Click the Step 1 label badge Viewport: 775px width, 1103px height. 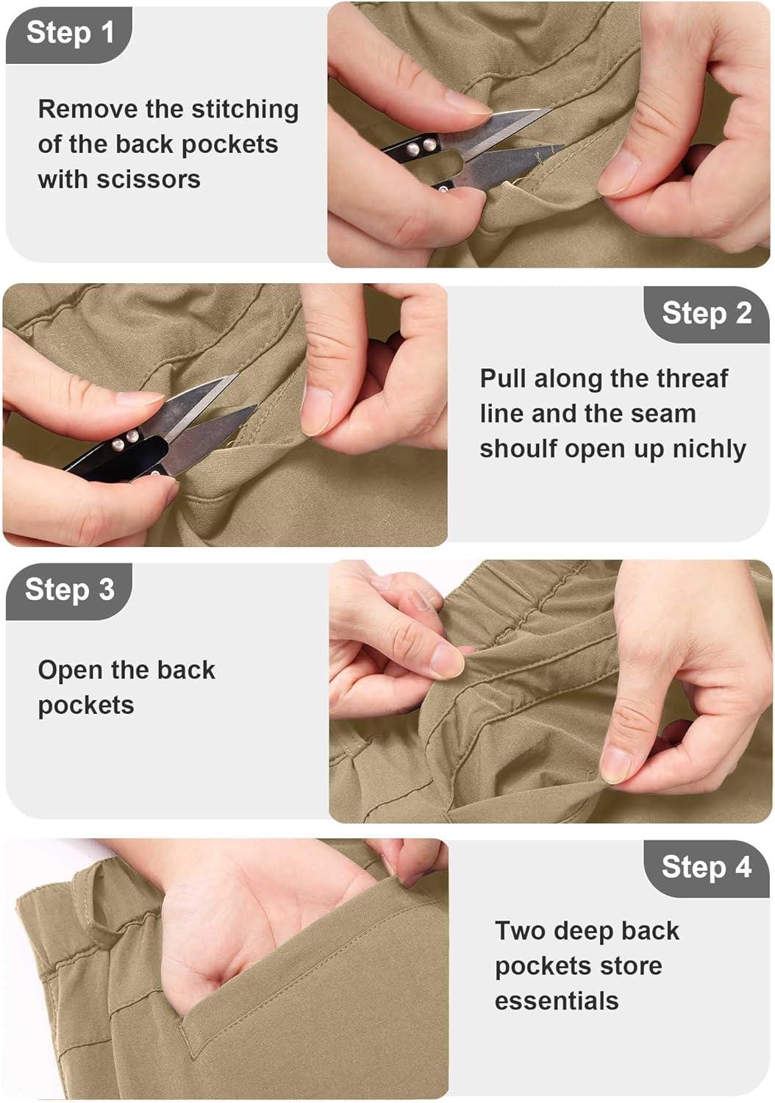(69, 35)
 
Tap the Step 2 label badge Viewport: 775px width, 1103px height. (706, 314)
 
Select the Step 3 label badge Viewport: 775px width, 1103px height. (69, 591)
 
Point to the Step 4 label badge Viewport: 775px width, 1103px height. (706, 868)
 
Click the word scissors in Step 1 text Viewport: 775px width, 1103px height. (149, 179)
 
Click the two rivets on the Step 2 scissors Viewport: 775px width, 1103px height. (125, 440)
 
